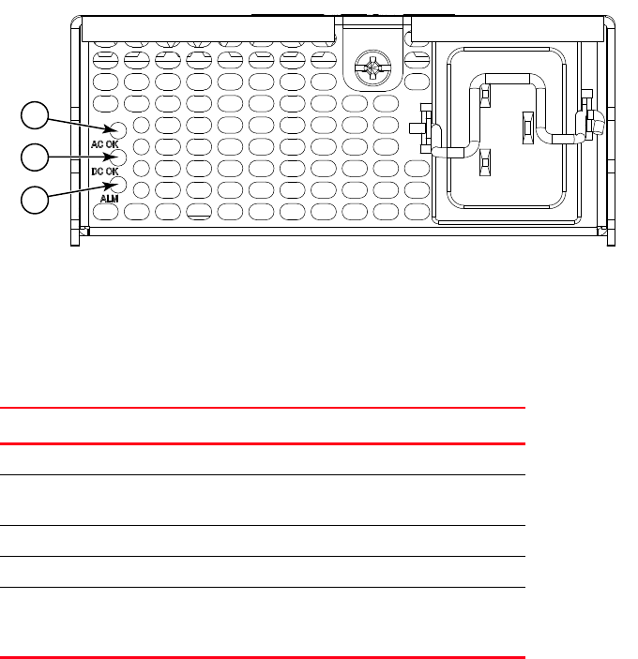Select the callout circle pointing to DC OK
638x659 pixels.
[35, 157]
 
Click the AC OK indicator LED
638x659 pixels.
[119, 129]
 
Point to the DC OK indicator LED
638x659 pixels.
[119, 157]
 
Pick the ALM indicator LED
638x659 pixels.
[119, 184]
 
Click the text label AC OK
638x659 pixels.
[104, 144]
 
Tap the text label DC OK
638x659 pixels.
[104, 172]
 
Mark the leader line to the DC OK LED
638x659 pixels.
[79, 157]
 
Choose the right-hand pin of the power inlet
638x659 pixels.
[527, 127]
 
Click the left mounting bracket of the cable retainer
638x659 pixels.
[426, 126]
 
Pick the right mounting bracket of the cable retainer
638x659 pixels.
[589, 115]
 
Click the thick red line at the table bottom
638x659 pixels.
[262, 656]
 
